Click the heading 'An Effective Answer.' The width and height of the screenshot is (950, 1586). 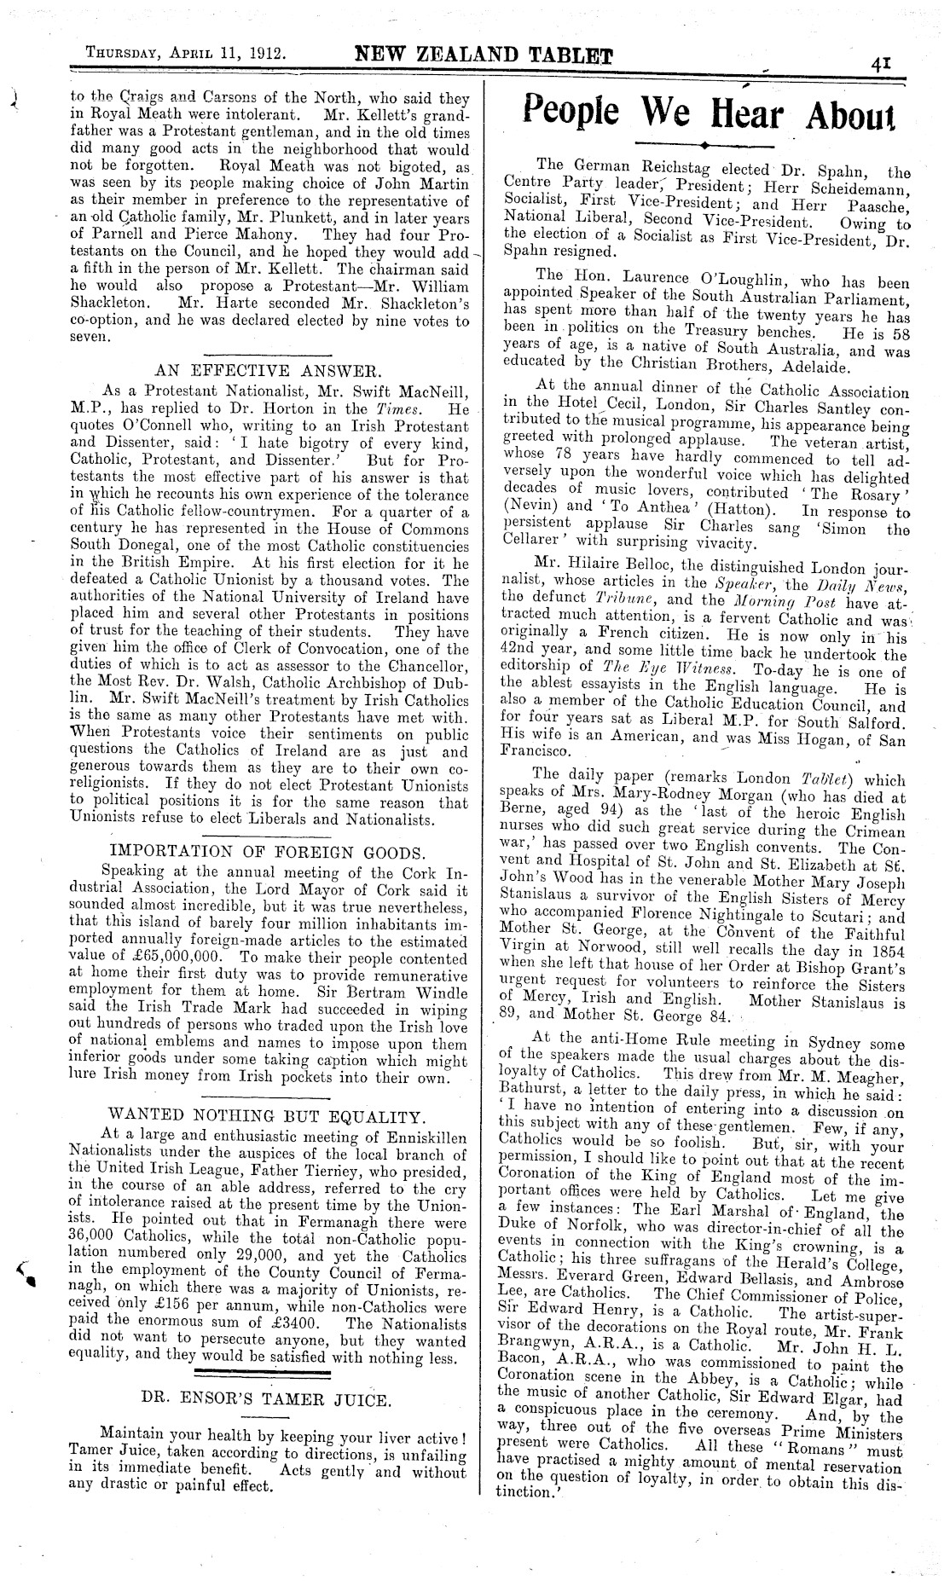pyautogui.click(x=269, y=371)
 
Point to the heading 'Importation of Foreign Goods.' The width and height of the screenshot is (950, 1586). pyautogui.click(x=269, y=852)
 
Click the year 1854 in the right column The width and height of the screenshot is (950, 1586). pyautogui.click(x=886, y=951)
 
